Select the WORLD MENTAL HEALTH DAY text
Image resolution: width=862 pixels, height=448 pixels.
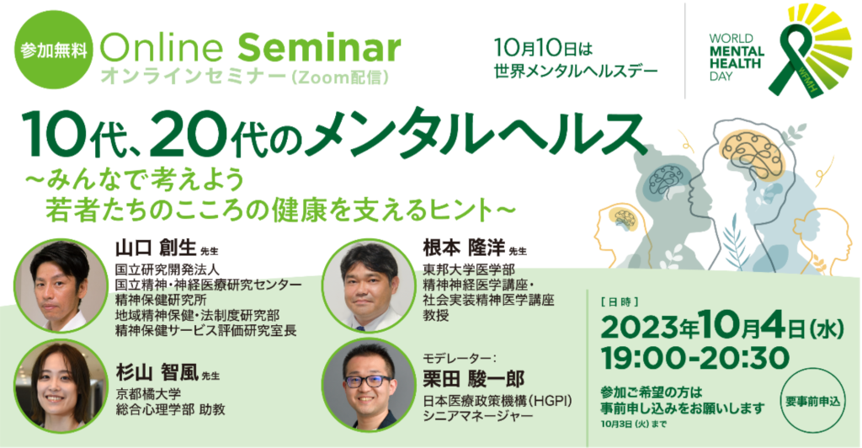click(737, 57)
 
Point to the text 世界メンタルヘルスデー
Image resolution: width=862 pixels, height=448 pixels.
click(576, 71)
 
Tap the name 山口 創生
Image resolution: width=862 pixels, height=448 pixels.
click(156, 248)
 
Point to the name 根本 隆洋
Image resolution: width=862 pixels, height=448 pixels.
click(464, 248)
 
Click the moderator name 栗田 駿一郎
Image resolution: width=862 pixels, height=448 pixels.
click(473, 378)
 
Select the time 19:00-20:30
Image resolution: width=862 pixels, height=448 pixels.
click(695, 359)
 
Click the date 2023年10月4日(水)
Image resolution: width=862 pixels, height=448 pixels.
click(722, 328)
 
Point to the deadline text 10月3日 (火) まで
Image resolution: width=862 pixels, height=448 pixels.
click(635, 424)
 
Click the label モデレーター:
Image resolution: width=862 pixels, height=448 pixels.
click(460, 358)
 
